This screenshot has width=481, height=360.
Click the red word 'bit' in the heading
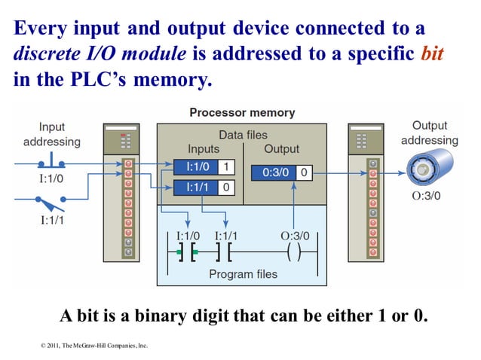click(x=434, y=55)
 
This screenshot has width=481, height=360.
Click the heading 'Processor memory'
click(x=241, y=113)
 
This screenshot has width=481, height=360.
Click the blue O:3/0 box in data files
click(x=273, y=172)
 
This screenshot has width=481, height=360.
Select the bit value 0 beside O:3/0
click(x=303, y=172)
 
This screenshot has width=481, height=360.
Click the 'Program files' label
click(x=243, y=273)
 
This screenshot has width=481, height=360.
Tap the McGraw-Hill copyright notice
click(x=94, y=346)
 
